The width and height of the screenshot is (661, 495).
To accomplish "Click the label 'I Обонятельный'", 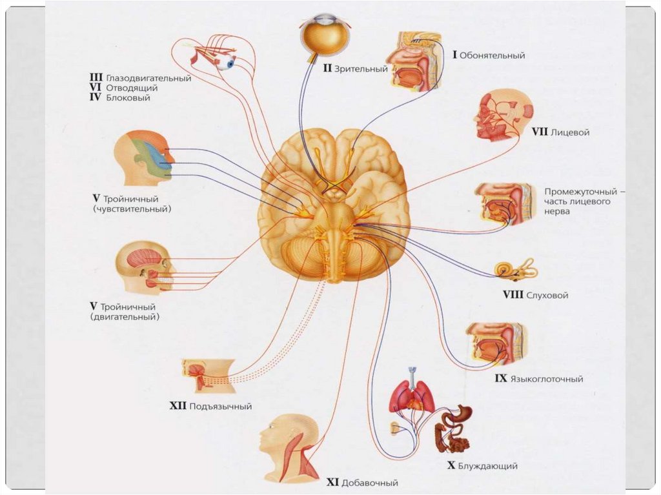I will coord(488,56).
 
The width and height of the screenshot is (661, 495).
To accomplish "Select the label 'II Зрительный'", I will coord(355,68).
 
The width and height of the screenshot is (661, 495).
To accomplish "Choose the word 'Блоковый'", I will coord(127,97).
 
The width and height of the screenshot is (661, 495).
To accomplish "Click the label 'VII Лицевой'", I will coord(560,132).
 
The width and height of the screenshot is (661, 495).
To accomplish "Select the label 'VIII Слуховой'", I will coord(535,295).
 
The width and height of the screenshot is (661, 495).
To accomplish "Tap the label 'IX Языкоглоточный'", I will coord(539,379).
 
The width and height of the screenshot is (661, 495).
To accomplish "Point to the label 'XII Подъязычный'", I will coord(210,407).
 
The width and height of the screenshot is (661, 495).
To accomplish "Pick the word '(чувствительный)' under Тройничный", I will coord(135,209).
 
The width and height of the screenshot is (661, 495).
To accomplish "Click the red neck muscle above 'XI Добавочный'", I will coord(306,459).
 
